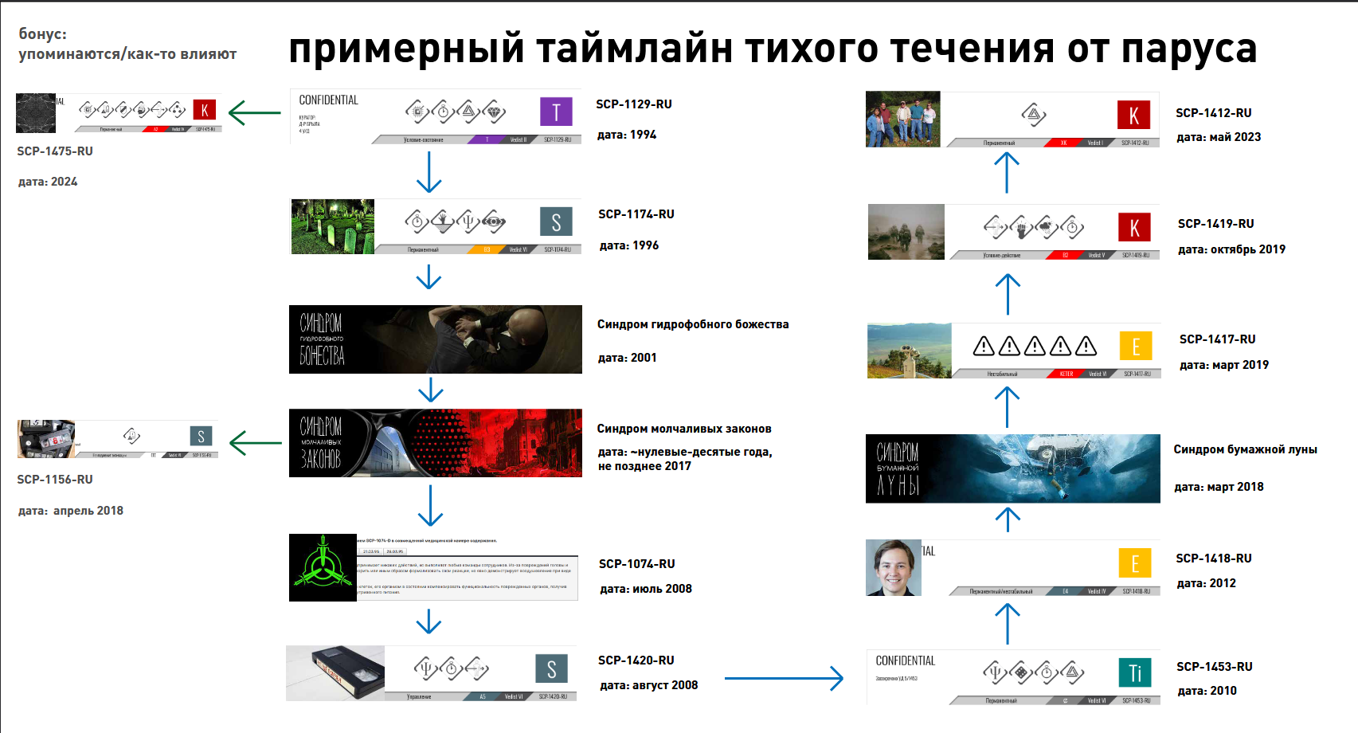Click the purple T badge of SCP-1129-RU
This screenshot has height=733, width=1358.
click(x=556, y=112)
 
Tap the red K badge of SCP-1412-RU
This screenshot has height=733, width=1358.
click(x=1133, y=116)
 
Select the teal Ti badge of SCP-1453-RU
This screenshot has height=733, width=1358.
click(x=1135, y=672)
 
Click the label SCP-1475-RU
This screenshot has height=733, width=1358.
click(x=55, y=151)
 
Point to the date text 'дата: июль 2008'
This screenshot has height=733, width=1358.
click(x=645, y=589)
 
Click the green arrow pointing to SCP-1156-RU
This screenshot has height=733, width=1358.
click(x=255, y=443)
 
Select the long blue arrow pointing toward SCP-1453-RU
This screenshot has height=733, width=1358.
click(x=784, y=679)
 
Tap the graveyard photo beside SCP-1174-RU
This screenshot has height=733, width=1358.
click(x=332, y=227)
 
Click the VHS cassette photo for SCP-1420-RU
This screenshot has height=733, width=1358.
click(x=335, y=673)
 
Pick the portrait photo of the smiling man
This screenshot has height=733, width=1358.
click(x=894, y=567)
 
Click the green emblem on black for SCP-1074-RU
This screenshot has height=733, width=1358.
click(x=323, y=567)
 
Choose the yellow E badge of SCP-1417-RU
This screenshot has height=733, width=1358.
click(x=1136, y=347)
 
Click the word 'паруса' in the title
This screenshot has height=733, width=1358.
click(x=1188, y=49)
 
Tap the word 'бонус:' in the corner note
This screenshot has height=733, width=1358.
click(x=43, y=34)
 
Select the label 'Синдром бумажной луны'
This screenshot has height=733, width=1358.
click(x=1245, y=449)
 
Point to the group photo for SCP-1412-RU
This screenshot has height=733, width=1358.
click(x=902, y=120)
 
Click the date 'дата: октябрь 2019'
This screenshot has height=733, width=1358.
click(x=1231, y=249)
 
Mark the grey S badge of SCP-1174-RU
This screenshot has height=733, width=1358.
click(x=556, y=222)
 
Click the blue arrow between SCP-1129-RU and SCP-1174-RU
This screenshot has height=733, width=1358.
click(x=429, y=171)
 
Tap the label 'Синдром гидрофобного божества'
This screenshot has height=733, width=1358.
click(x=693, y=324)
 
